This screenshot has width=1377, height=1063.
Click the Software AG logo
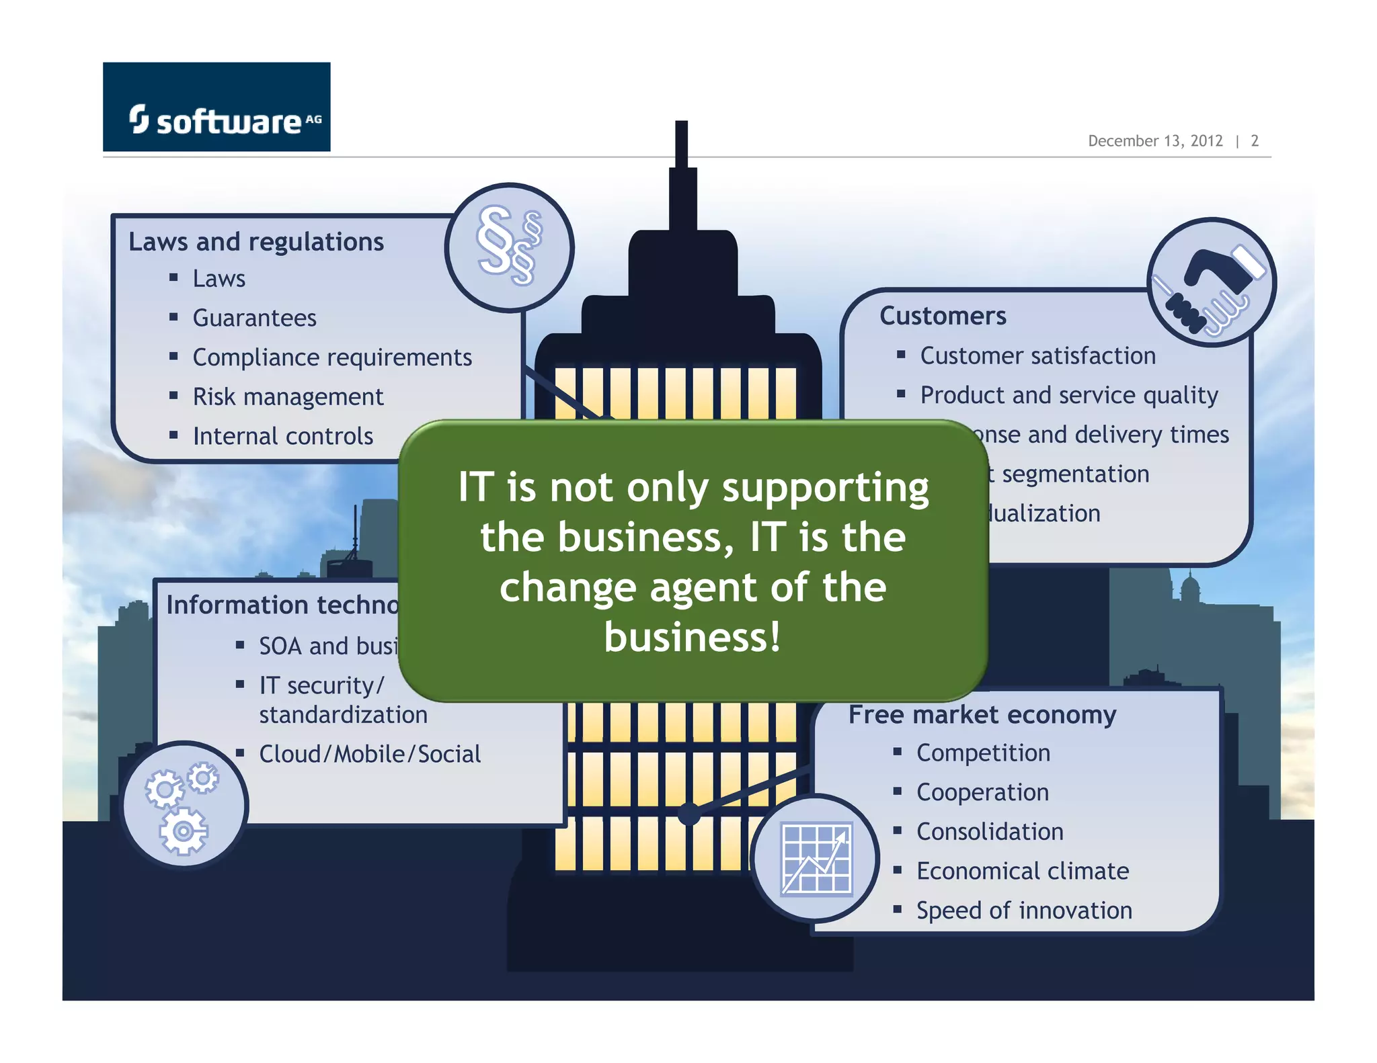217,108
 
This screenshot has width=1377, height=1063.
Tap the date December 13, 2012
1154,141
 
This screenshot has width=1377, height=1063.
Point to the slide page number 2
1254,141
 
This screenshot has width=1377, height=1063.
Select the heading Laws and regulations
255,242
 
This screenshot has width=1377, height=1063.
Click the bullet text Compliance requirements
332,357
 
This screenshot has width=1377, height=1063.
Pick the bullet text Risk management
288,397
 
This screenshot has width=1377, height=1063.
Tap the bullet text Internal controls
282,437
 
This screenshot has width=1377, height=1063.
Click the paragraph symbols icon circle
509,247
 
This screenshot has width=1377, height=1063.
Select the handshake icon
1211,282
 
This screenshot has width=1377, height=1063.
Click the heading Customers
943,316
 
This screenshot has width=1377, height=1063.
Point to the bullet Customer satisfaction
1037,356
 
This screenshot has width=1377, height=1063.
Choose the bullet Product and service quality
1068,395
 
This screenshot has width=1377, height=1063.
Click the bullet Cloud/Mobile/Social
370,754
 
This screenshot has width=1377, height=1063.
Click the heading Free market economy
982,714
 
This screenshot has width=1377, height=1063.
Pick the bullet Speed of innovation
1024,910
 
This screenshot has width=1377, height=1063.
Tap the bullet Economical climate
1022,871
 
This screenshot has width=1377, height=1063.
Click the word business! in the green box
693,637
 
